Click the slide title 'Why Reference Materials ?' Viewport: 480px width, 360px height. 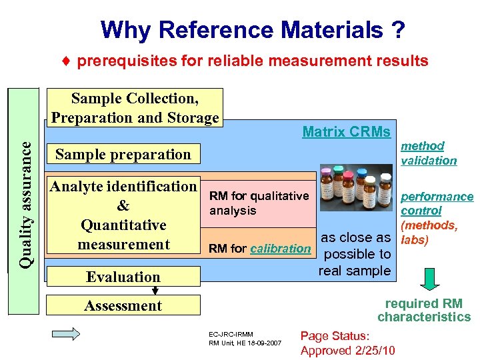click(x=253, y=30)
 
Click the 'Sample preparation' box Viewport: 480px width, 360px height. click(x=123, y=154)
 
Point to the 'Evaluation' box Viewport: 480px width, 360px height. click(x=123, y=277)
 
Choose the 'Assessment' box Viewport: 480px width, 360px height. click(x=123, y=306)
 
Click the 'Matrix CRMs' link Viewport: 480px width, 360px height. click(x=346, y=132)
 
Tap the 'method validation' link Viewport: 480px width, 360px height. click(x=428, y=153)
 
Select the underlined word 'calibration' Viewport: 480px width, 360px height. click(x=280, y=249)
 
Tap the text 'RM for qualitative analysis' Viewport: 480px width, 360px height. click(x=259, y=203)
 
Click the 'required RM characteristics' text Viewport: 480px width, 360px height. click(x=424, y=311)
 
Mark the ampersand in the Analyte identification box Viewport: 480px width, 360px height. click(x=123, y=206)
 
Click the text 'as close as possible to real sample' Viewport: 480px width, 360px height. click(x=355, y=254)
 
